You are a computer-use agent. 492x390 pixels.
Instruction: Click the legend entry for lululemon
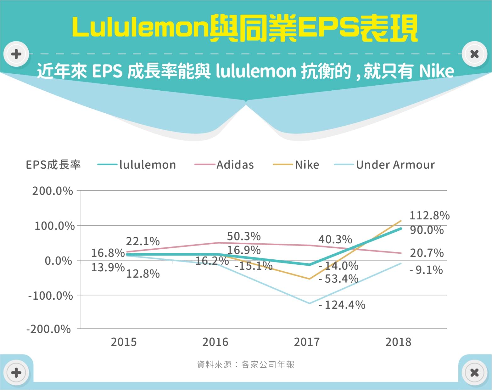pos(137,165)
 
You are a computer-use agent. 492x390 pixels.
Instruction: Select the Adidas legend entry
pos(224,165)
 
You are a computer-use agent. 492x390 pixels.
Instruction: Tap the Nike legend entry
pos(296,165)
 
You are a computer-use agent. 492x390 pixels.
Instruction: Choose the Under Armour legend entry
pos(385,165)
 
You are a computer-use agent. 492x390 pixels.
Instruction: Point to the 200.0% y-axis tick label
pos(53,191)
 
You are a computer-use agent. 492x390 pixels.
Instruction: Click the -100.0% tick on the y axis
pos(51,296)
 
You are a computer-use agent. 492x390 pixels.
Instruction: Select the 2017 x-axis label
pos(306,342)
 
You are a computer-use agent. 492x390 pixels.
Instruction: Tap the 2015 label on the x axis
pos(124,342)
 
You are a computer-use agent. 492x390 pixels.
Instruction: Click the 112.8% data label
pos(429,216)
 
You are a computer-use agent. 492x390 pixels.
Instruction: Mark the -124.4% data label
pos(342,305)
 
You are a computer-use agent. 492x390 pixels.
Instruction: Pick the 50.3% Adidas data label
pos(244,236)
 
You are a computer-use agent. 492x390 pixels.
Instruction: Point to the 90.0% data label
pos(427,230)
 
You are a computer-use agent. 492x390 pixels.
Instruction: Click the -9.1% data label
pos(426,270)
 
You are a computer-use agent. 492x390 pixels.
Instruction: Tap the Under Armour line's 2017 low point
pos(310,303)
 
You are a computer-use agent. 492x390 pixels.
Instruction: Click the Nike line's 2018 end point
pos(401,221)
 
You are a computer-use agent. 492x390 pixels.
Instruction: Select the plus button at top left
pos(16,54)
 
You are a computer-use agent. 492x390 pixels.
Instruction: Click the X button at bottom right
pos(474,373)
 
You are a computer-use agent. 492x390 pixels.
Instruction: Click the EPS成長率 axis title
pos(53,165)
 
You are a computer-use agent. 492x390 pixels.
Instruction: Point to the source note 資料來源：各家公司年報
pos(245,365)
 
